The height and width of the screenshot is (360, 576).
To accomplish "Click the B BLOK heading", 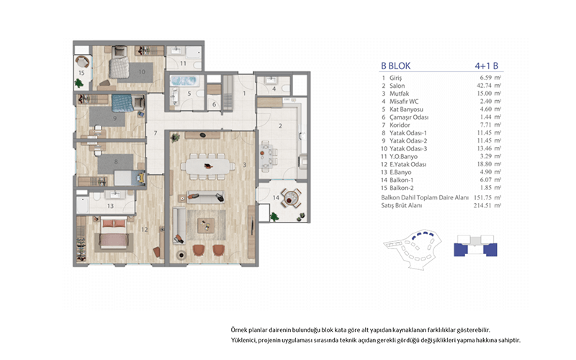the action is [x=395, y=66].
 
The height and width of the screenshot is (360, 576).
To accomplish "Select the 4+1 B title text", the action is [x=487, y=66].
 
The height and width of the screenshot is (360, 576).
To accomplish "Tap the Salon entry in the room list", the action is [x=397, y=86].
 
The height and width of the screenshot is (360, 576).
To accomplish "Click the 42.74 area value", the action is [x=484, y=86].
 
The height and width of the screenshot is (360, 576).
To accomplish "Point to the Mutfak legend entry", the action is [x=400, y=94].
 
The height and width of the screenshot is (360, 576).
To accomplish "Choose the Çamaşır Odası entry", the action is [x=409, y=117].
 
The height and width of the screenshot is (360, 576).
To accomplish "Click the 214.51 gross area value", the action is [x=482, y=205].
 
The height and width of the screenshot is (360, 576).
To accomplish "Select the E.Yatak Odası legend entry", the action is [x=408, y=164].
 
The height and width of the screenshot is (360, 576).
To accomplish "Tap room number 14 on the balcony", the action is [x=276, y=197].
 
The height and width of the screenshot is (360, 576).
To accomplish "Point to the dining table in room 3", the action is [x=208, y=166].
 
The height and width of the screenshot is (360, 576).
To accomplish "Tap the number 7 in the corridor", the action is [x=156, y=133].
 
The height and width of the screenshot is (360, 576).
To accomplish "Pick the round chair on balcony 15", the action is [x=82, y=61].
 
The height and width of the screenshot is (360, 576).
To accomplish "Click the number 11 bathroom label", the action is [x=183, y=63].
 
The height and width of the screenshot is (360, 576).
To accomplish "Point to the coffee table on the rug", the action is [x=206, y=225].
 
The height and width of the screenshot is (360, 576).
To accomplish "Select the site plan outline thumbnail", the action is [x=412, y=249].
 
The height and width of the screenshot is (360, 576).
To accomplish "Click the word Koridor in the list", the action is [x=400, y=125].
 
